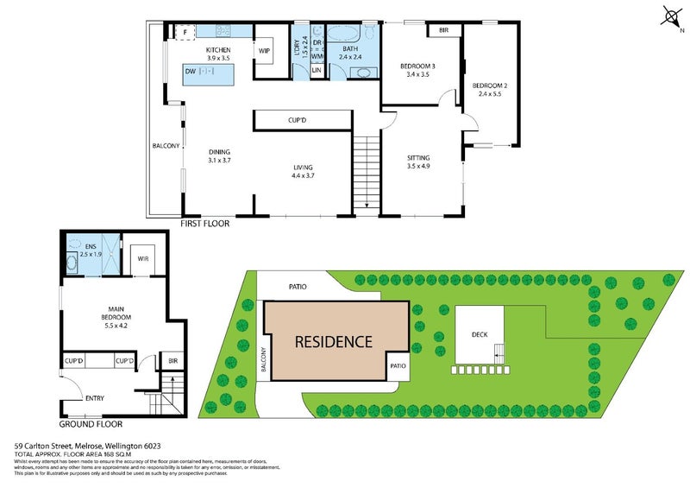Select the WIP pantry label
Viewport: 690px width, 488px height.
(264, 51)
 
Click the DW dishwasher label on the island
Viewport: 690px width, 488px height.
(190, 73)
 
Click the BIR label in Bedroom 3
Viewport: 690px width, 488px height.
(443, 30)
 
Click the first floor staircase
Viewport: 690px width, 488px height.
(367, 174)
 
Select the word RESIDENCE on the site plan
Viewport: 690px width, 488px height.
(334, 341)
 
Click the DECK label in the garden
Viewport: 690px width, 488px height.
(480, 333)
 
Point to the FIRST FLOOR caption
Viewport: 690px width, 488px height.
(204, 224)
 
